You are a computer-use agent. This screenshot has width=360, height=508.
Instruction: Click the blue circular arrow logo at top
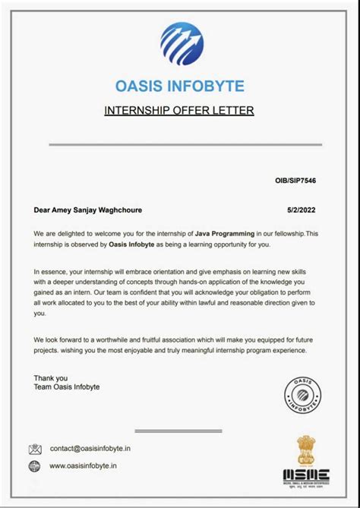click(x=182, y=44)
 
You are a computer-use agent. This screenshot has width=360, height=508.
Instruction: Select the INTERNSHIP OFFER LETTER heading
click(x=179, y=111)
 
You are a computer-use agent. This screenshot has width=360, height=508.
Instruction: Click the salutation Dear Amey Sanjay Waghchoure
click(x=88, y=210)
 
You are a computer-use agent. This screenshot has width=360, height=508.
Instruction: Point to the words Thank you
click(x=51, y=377)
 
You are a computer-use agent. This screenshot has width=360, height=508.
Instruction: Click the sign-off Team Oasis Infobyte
click(x=67, y=387)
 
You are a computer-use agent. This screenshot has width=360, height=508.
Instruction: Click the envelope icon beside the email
click(x=35, y=449)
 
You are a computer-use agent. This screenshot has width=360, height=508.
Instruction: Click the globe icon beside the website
click(x=35, y=465)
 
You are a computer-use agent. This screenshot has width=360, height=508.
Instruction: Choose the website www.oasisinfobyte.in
click(x=84, y=465)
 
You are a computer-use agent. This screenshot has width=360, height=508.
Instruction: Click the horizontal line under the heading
click(x=180, y=144)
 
